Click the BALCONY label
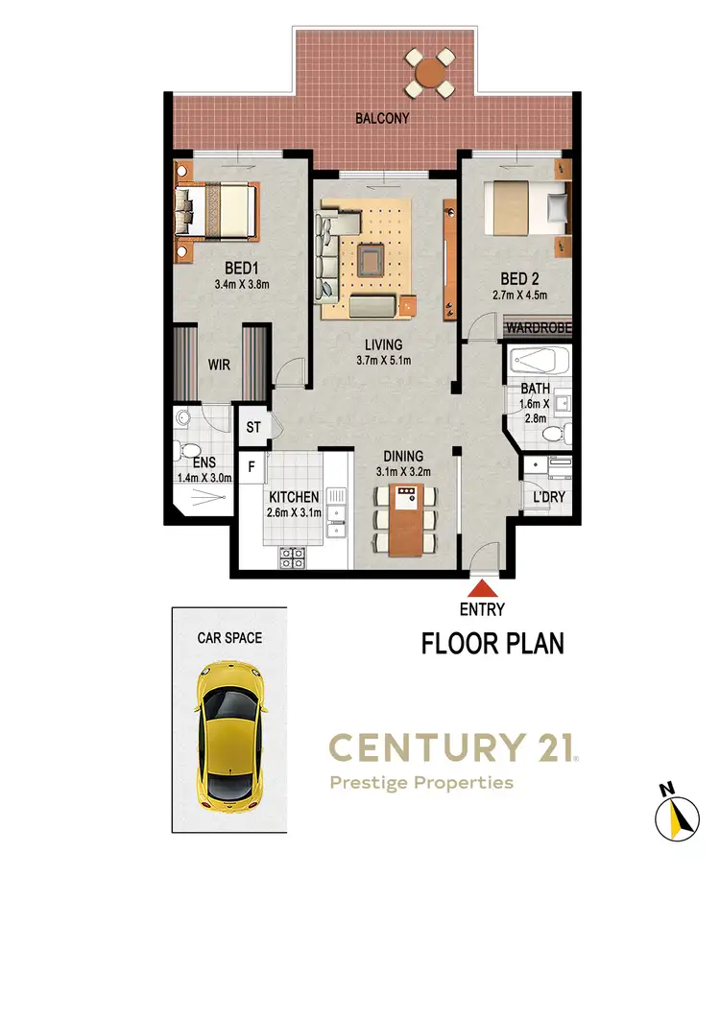(382, 119)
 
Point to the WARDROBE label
(539, 327)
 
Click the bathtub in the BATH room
(539, 362)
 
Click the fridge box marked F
(252, 467)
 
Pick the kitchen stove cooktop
(292, 556)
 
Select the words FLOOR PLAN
(492, 644)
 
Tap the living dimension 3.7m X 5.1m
(383, 361)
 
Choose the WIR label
(220, 365)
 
